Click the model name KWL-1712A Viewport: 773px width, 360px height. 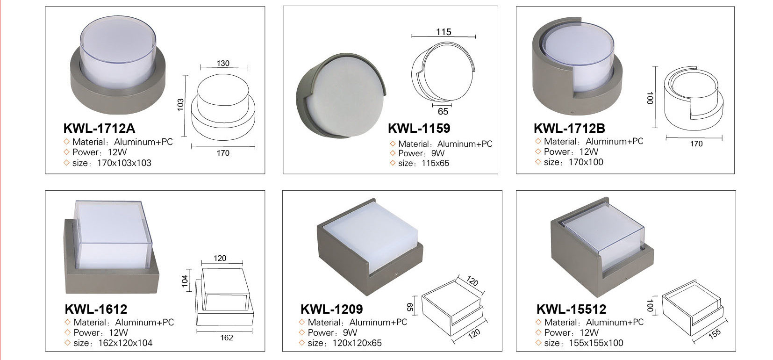pos(99,128)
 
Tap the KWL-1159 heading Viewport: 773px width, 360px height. pos(419,128)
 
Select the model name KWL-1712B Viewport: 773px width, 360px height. pos(569,128)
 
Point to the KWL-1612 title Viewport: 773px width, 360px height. pos(96,309)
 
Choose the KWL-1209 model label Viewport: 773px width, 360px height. pos(331,309)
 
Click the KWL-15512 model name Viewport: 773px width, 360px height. pos(571,309)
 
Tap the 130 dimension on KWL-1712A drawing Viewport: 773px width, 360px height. pos(223,63)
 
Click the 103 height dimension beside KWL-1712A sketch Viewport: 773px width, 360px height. pos(181,105)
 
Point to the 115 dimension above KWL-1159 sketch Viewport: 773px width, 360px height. pos(444,32)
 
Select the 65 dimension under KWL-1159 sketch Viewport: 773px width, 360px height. pos(443,111)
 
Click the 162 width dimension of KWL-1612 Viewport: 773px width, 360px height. pos(227,338)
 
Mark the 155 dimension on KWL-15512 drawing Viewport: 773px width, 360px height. pos(714,333)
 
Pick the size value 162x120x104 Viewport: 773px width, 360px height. pos(113,343)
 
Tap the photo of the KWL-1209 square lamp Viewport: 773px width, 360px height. pos(370,245)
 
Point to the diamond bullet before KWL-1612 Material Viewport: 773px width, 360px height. pos(67,322)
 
